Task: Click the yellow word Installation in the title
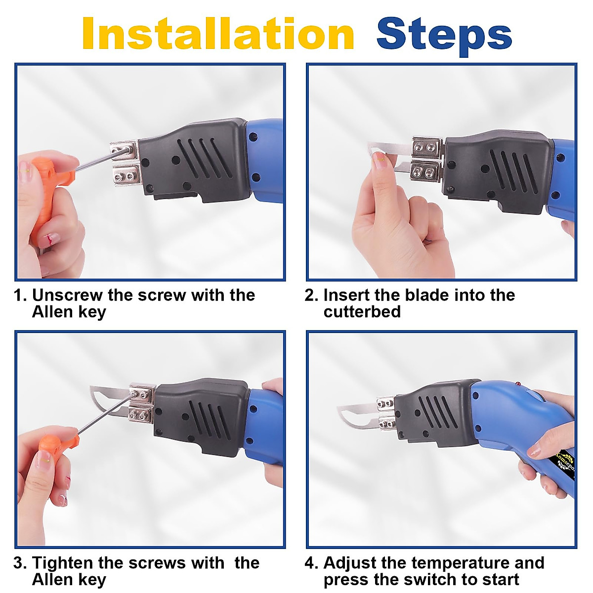[218, 34]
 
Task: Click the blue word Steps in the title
[444, 36]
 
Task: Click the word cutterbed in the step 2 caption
[362, 311]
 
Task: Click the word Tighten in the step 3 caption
[63, 563]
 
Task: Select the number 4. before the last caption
[313, 563]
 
